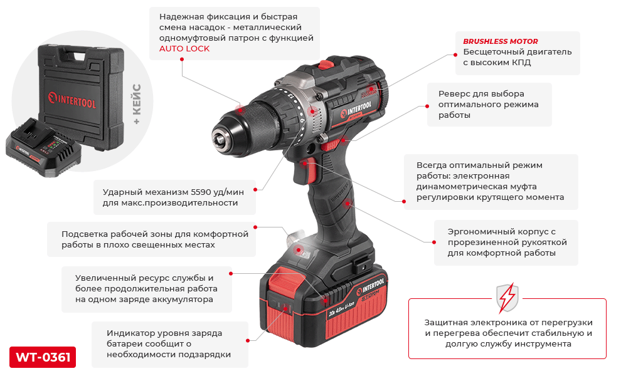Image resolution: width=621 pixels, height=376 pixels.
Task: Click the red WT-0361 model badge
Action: (43, 357)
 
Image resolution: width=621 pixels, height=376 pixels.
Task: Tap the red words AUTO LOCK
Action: (184, 49)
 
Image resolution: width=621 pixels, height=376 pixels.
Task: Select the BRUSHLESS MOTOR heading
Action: (501, 41)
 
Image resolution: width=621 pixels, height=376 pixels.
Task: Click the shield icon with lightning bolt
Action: (507, 298)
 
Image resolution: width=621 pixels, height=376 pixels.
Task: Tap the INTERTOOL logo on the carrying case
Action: (72, 100)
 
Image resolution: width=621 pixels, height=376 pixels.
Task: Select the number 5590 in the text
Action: (201, 192)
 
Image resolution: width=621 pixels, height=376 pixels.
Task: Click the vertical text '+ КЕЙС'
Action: (137, 104)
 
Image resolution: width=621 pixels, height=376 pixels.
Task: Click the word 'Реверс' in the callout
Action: (455, 94)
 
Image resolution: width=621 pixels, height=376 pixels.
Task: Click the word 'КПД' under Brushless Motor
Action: (521, 63)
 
